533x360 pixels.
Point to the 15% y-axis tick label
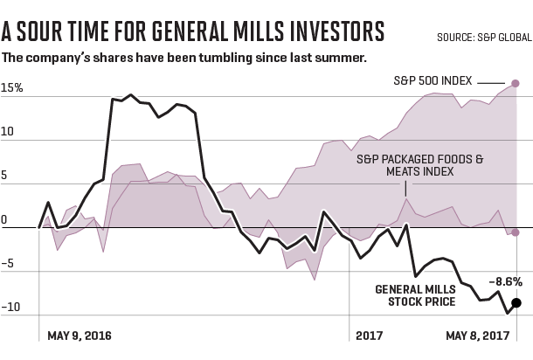12,89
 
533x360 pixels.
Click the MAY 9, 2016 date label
80,336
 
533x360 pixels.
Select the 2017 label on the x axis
370,336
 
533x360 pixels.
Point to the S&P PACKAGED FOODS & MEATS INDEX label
419,166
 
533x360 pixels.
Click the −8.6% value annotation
505,281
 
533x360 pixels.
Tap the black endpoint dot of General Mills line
517,302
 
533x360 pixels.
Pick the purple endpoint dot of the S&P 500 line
516,83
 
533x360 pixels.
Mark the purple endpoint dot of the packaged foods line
516,232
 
